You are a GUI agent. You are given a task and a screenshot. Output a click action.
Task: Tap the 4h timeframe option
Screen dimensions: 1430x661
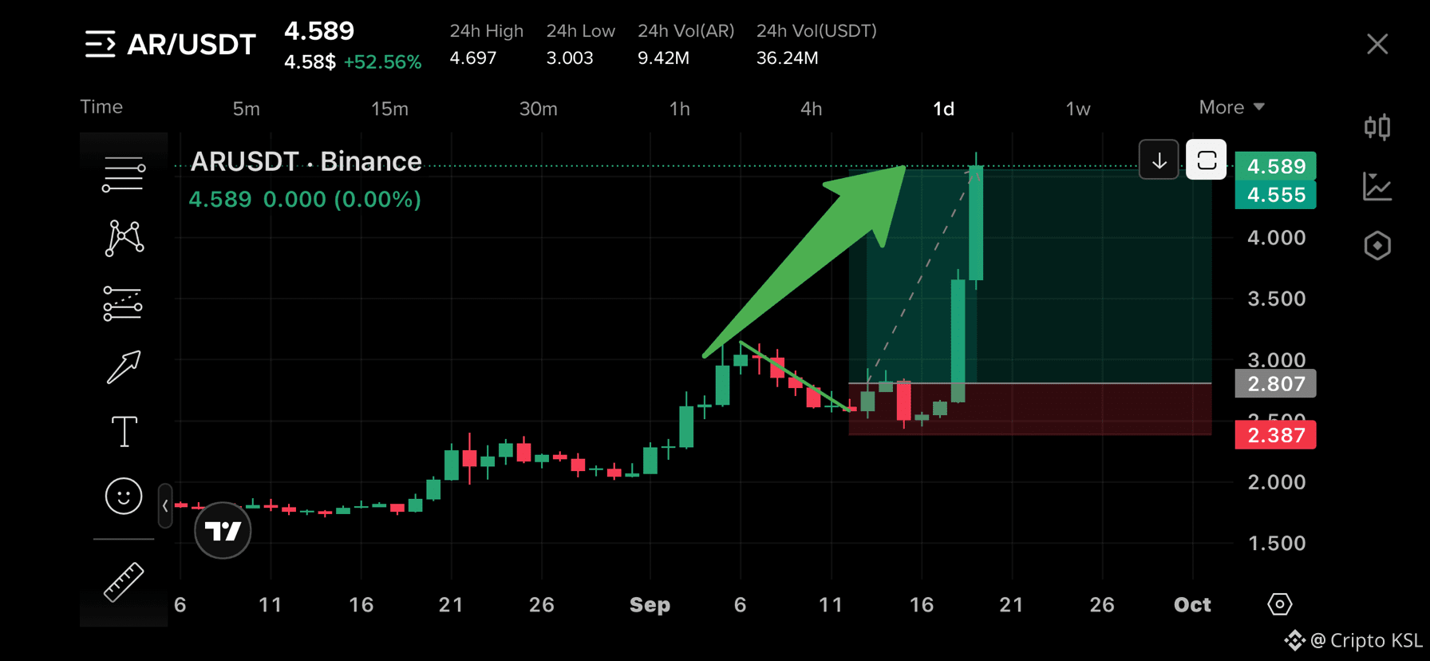[x=811, y=109]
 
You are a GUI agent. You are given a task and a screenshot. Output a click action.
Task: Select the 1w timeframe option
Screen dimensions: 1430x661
[x=1078, y=109]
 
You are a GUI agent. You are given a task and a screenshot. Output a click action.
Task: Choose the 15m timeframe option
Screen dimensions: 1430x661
[x=389, y=109]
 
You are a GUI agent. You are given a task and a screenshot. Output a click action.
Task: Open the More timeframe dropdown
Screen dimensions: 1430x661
[x=1231, y=107]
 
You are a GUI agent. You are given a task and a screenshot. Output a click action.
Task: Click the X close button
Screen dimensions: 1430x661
[x=1377, y=44]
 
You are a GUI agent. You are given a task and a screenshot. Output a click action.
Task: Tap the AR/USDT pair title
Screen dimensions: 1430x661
[x=192, y=45]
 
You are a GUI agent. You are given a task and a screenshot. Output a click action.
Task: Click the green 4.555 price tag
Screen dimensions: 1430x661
[x=1275, y=195]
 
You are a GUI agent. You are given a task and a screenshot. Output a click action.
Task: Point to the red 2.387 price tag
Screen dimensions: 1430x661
[x=1275, y=435]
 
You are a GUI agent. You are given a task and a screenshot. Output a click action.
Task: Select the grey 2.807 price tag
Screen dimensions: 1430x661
[x=1275, y=384]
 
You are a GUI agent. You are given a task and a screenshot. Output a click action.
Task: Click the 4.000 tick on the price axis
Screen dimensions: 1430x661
[x=1277, y=238]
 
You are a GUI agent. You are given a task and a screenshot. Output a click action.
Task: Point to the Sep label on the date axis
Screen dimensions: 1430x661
[x=650, y=605]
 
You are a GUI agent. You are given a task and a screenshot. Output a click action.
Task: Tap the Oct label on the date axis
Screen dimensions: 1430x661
[x=1192, y=605]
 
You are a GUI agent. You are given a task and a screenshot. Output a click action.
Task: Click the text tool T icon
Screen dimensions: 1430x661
[x=124, y=432]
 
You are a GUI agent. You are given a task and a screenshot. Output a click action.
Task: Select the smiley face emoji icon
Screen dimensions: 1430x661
[x=124, y=496]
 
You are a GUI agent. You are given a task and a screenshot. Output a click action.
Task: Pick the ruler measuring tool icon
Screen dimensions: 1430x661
[x=124, y=582]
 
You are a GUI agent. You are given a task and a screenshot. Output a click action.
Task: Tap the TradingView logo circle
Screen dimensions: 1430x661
[x=223, y=530]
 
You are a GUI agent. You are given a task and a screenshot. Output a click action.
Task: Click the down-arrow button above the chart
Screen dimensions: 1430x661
[x=1159, y=160]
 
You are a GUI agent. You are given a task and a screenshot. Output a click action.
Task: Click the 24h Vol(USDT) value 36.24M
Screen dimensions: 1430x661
[x=787, y=58]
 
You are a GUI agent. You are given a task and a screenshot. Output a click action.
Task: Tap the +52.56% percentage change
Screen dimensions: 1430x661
[x=382, y=62]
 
